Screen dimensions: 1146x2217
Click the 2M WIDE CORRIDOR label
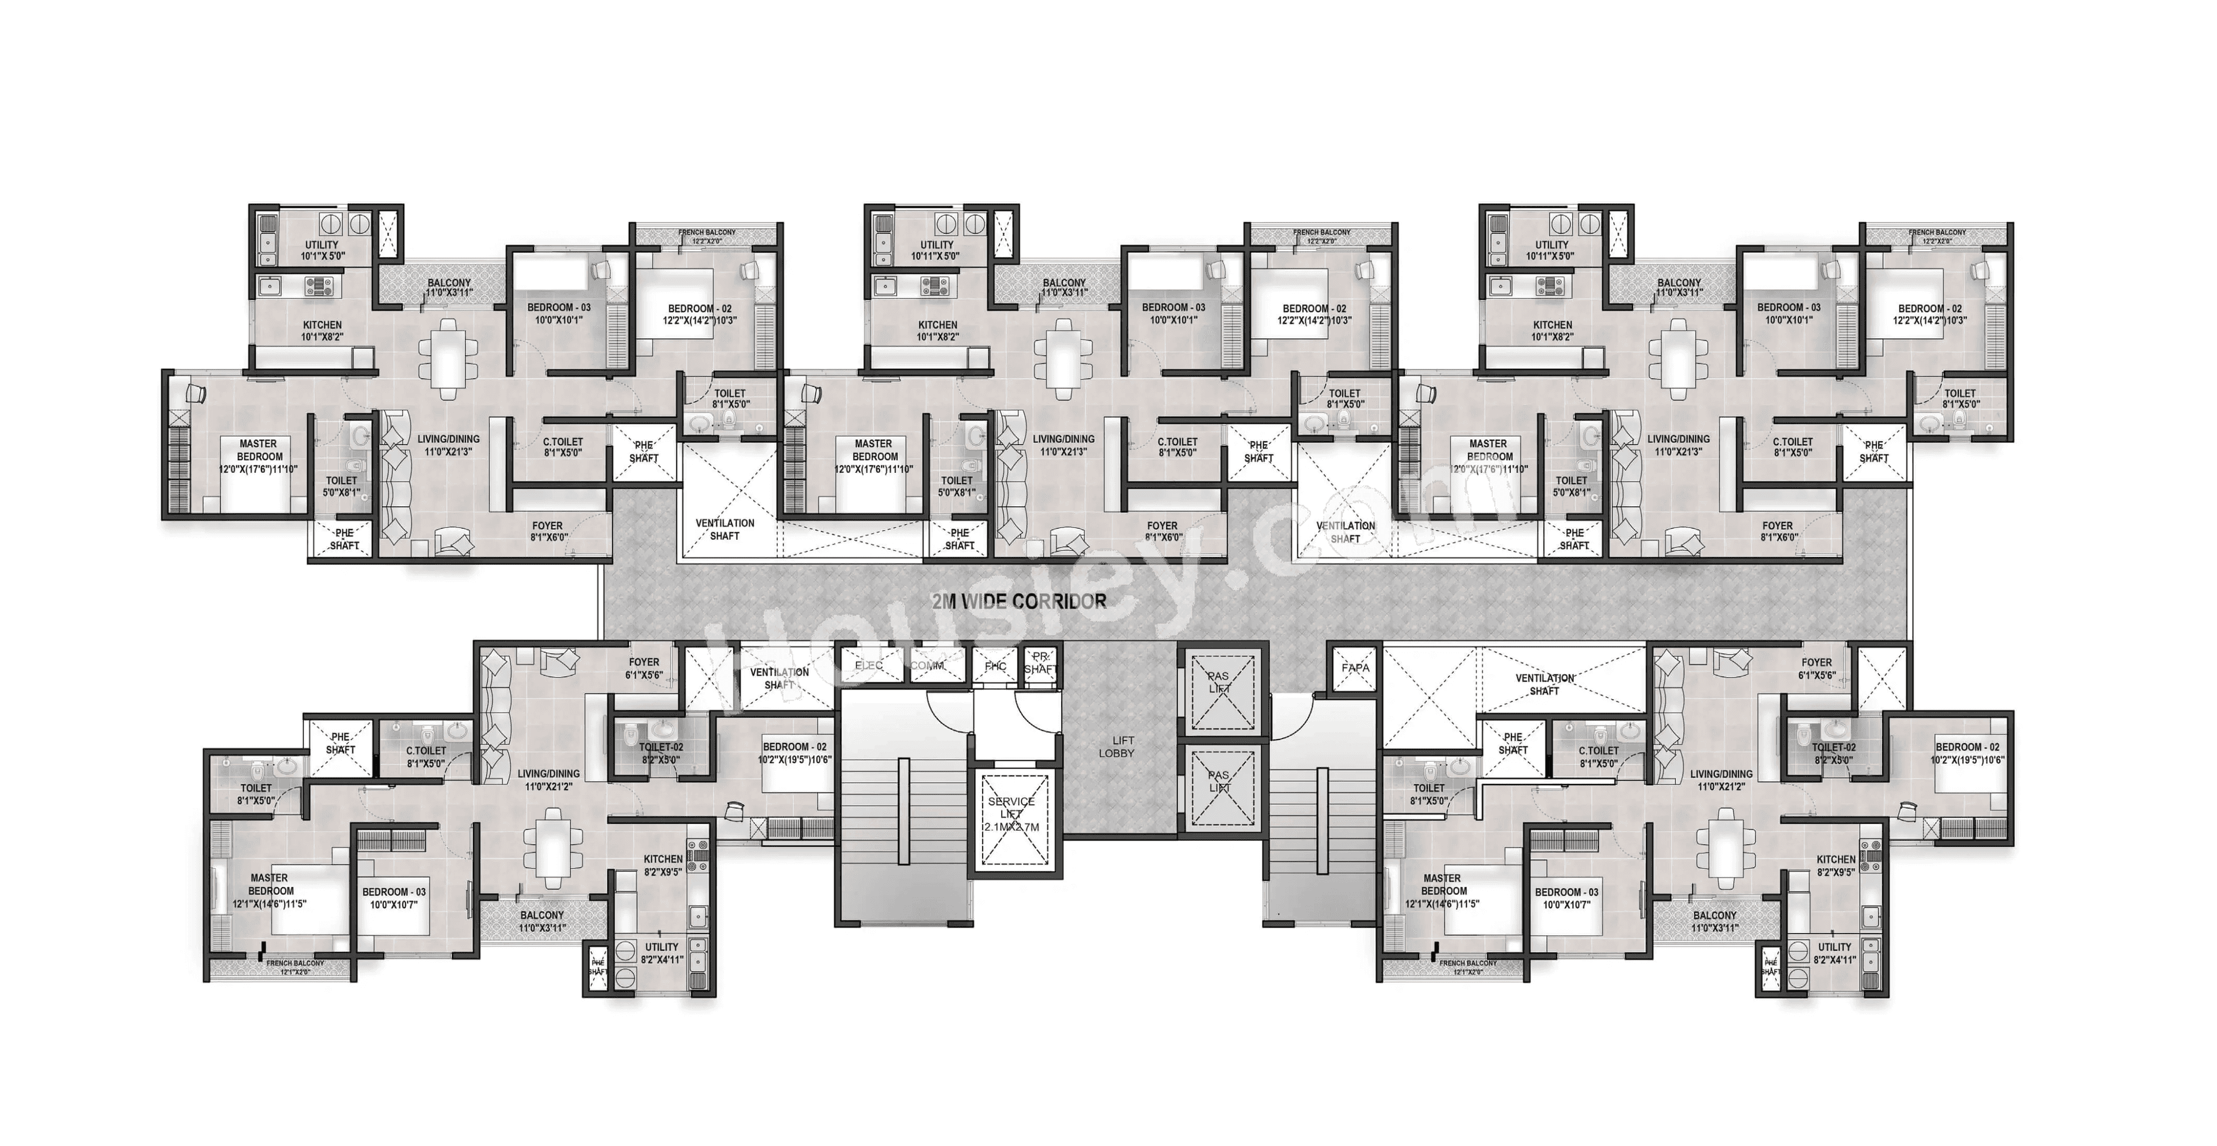point(1019,602)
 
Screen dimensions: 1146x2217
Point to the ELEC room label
point(869,666)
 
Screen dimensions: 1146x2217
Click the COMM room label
point(926,666)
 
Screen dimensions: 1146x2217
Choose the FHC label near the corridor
point(996,666)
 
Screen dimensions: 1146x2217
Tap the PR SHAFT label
point(1040,662)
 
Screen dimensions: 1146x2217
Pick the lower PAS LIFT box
point(1219,786)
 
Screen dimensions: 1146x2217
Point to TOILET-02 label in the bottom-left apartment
point(661,753)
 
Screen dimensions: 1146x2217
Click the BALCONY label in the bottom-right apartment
point(1714,921)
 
